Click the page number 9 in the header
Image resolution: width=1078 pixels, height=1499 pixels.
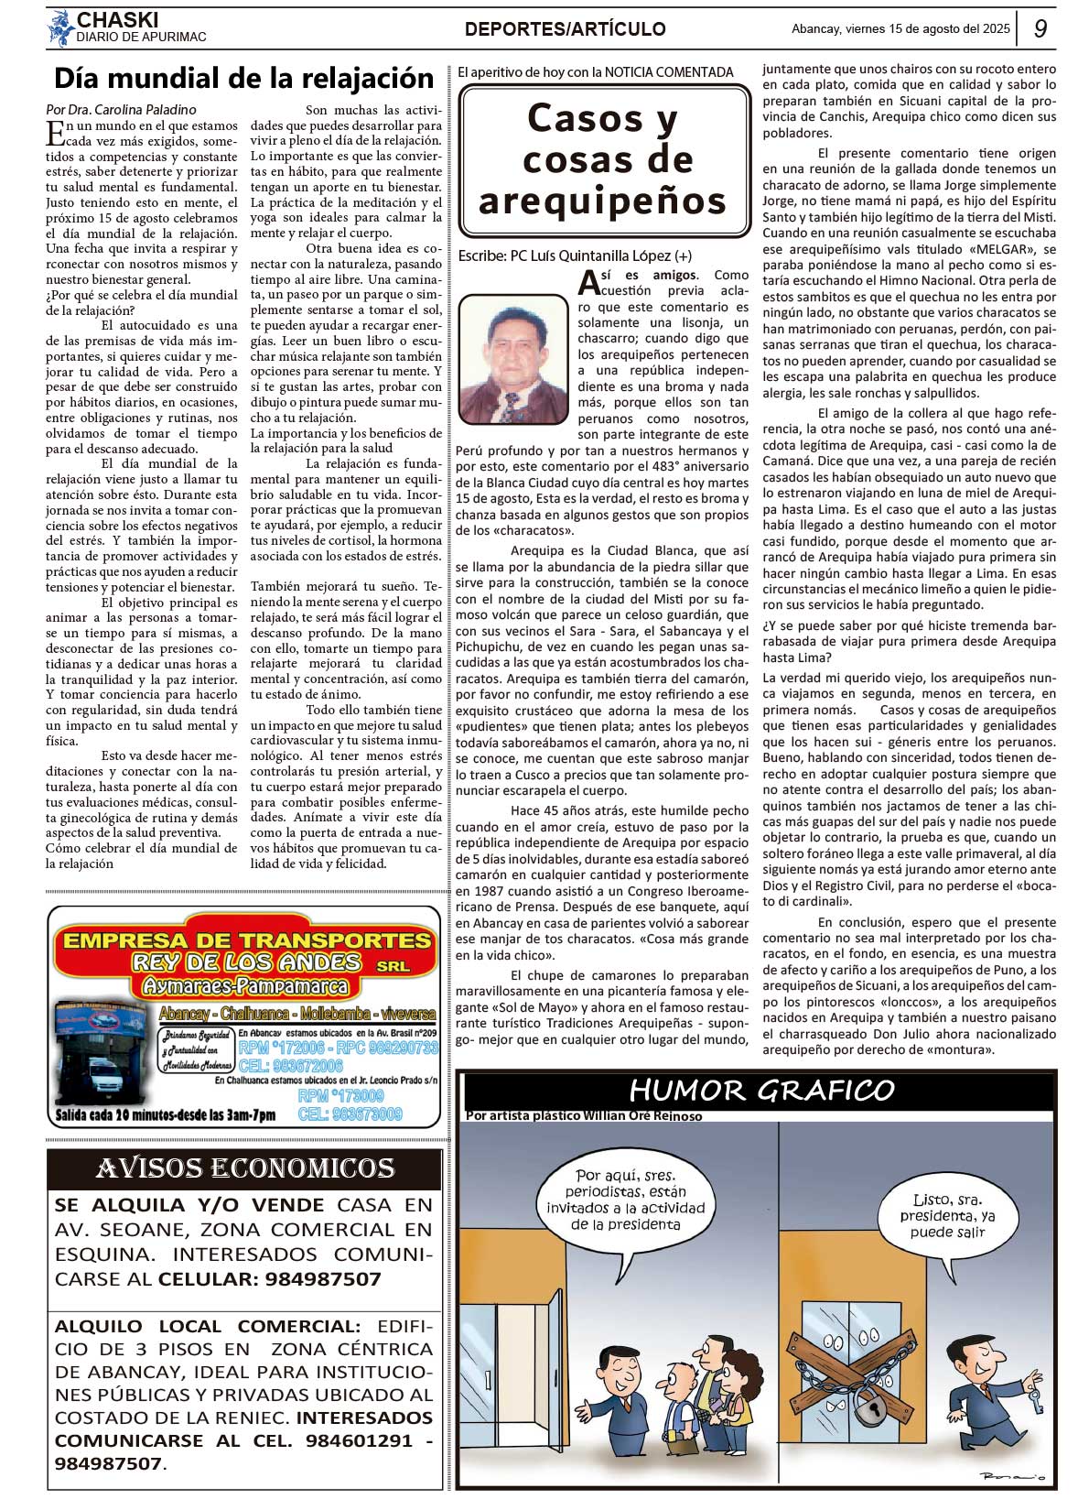[x=1040, y=28]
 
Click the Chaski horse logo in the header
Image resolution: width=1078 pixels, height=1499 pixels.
[x=60, y=28]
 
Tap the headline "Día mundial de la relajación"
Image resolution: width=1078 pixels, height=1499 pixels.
[x=243, y=79]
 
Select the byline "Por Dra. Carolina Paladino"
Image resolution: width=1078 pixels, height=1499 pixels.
[x=121, y=110]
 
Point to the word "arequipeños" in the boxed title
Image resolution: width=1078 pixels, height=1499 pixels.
[x=602, y=201]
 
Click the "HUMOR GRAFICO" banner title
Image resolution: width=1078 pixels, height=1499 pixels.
[x=760, y=1090]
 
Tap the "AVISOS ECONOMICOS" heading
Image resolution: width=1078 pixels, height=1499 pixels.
[x=244, y=1168]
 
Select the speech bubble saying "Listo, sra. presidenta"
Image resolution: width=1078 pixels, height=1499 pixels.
[x=947, y=1215]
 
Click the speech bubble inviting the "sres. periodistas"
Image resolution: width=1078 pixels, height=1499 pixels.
[x=626, y=1200]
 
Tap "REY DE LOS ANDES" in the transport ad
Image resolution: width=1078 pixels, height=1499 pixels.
[x=247, y=962]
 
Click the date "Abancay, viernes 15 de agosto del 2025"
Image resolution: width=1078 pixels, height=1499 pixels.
[x=900, y=28]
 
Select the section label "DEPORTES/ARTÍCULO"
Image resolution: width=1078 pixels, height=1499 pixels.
[x=565, y=29]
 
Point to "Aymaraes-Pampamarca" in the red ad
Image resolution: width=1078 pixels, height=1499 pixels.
[x=244, y=986]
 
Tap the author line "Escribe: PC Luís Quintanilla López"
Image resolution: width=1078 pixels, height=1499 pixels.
[x=575, y=256]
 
